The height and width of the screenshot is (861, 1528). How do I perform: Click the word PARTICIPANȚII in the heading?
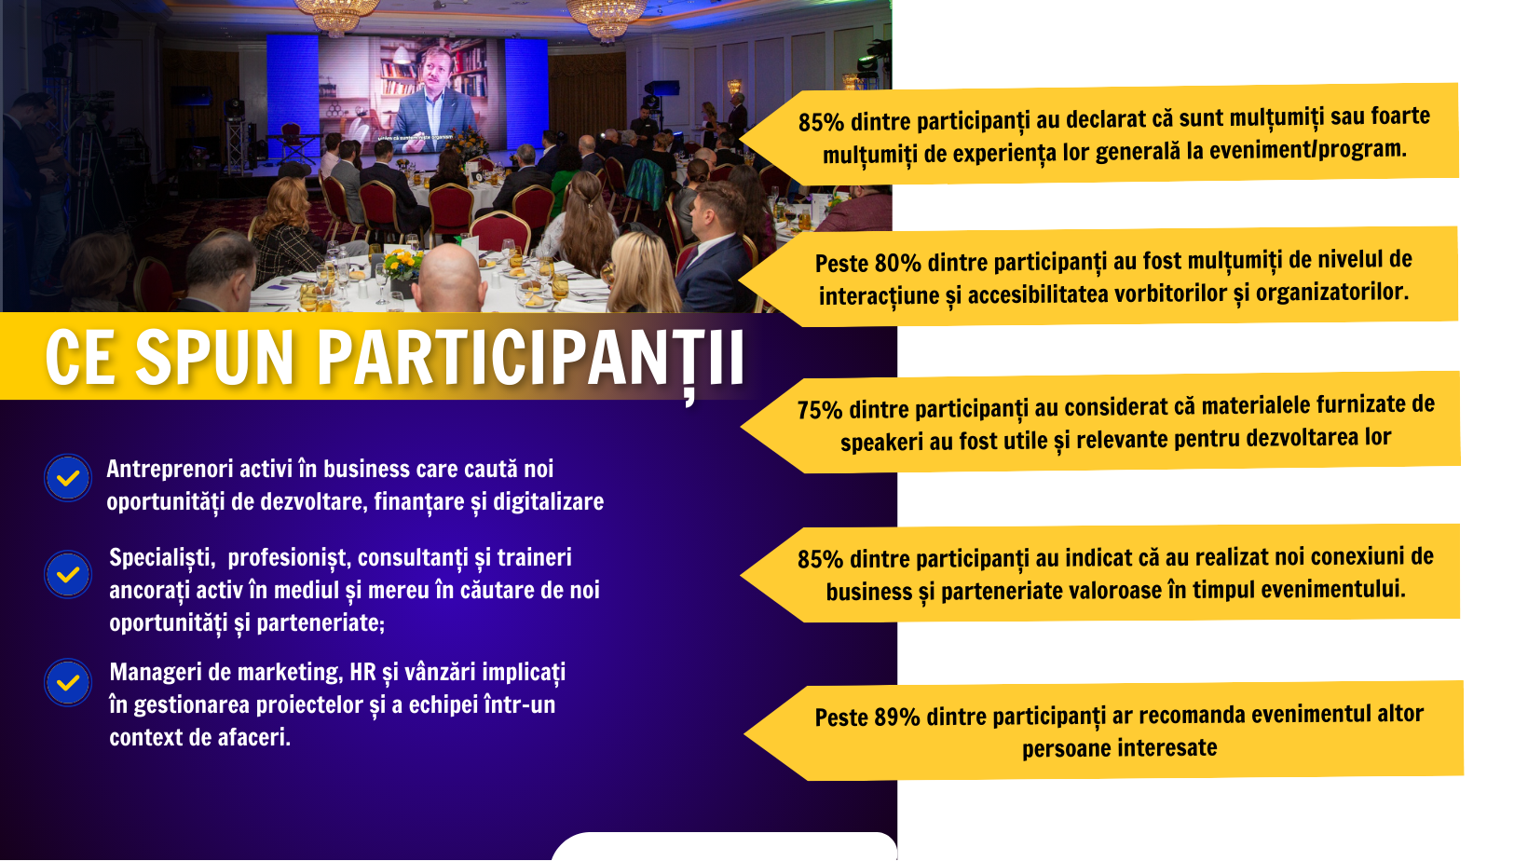(530, 359)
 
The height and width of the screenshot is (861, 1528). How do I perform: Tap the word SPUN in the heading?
(213, 357)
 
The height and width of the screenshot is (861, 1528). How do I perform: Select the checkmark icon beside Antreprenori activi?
(67, 478)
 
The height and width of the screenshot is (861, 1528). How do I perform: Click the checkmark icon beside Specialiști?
(67, 574)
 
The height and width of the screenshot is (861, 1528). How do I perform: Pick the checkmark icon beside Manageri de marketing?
(67, 681)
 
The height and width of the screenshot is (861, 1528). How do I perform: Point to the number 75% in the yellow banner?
(819, 410)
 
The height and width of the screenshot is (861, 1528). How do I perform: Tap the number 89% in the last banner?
(897, 717)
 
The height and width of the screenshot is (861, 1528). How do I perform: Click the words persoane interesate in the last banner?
(1119, 748)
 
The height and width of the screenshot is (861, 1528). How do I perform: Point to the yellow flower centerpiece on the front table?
(402, 263)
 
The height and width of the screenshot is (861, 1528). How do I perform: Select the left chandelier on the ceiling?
(336, 15)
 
